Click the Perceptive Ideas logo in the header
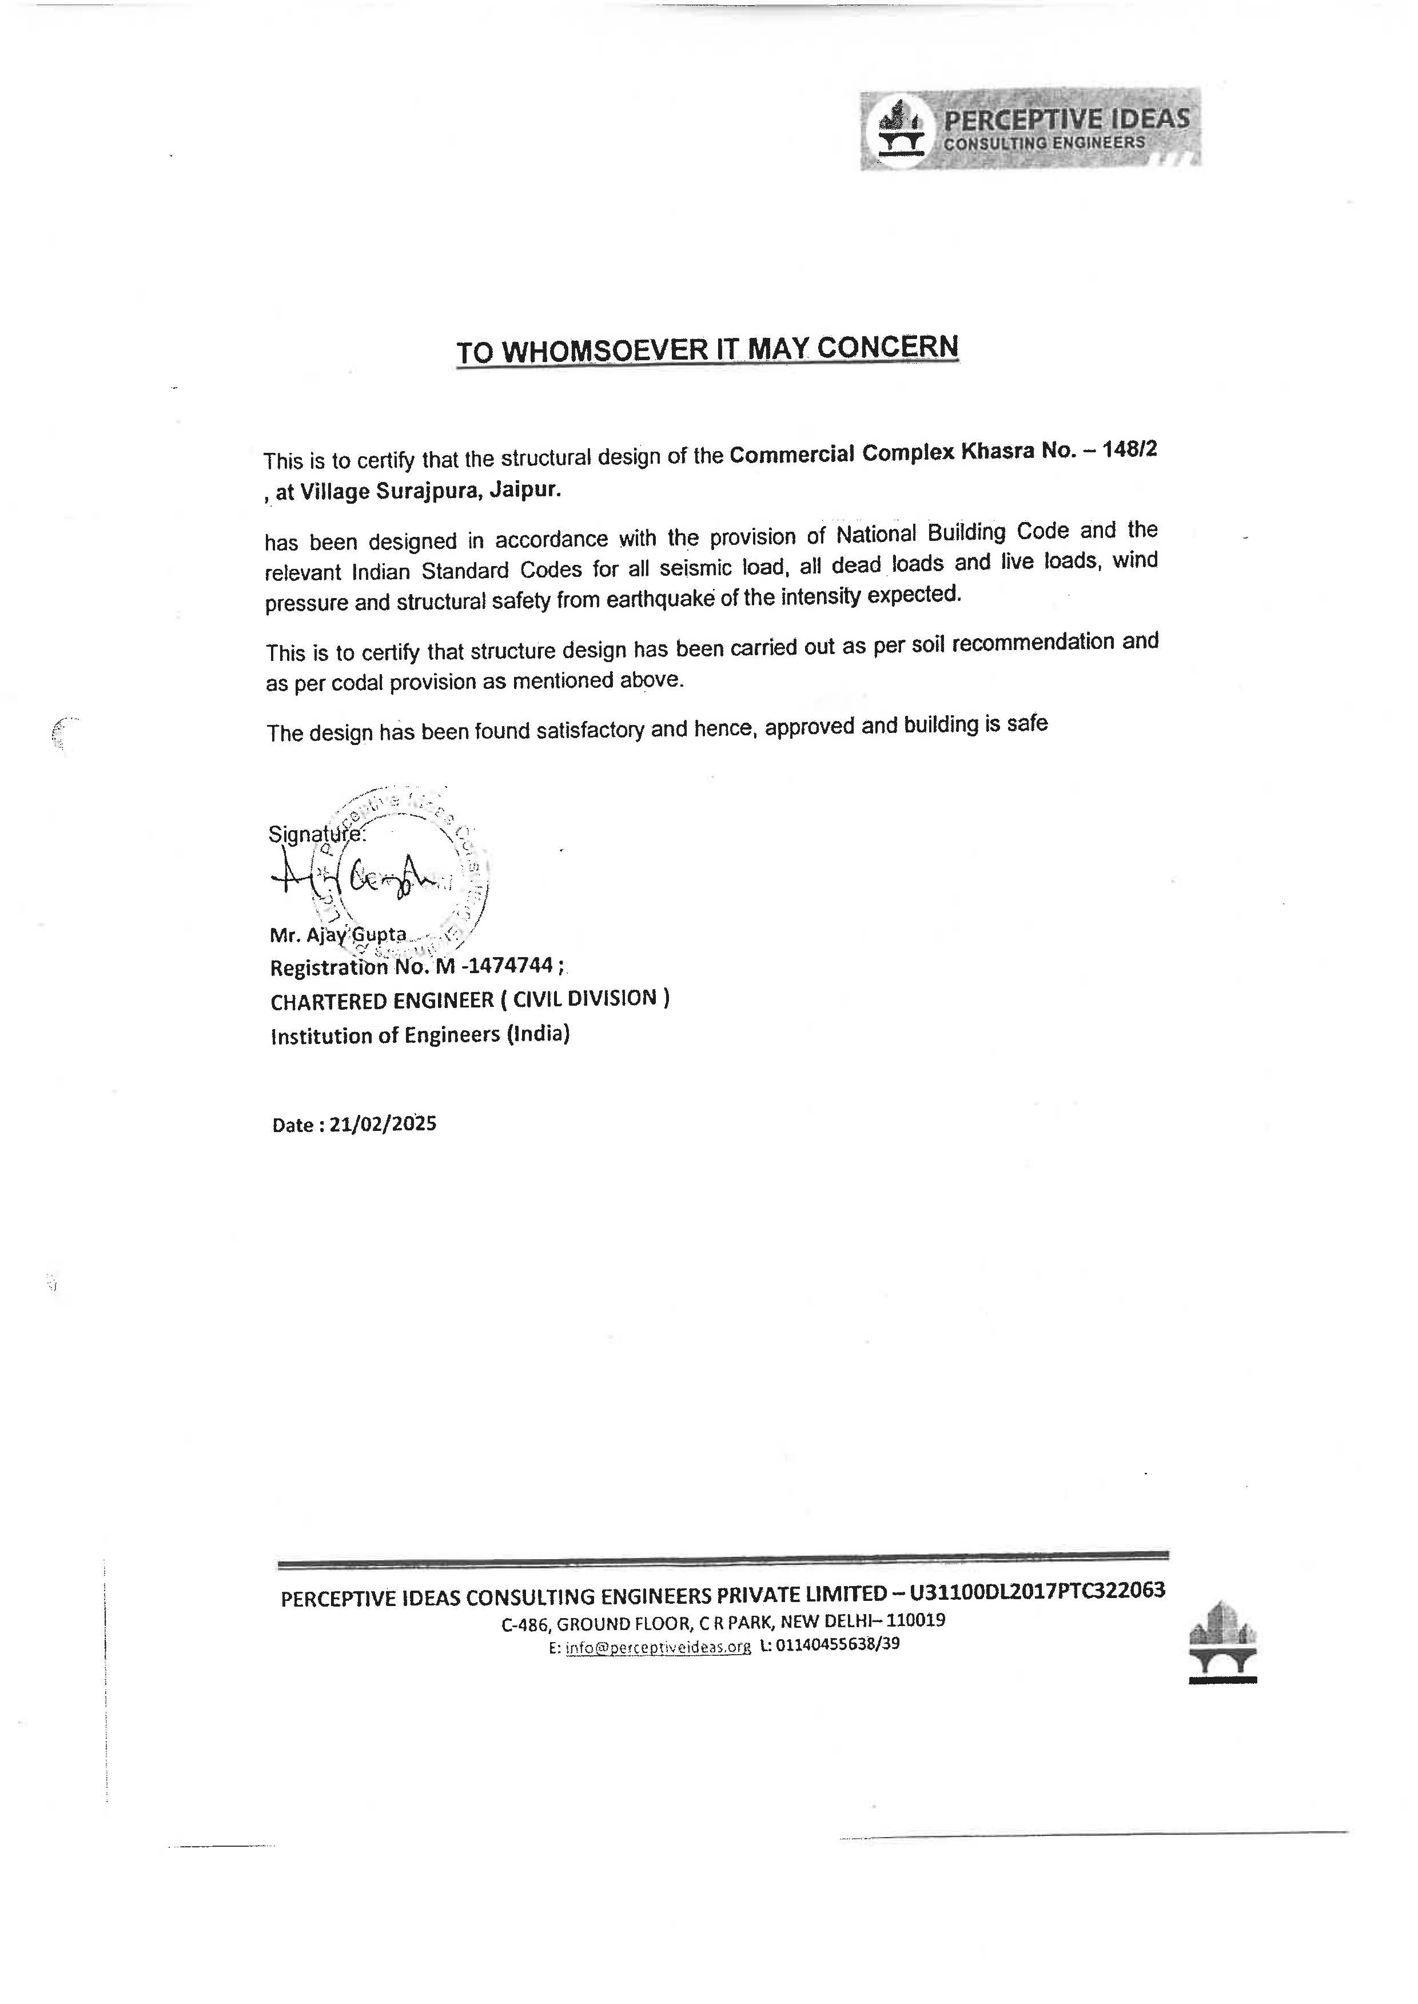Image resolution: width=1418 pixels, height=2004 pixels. click(1030, 129)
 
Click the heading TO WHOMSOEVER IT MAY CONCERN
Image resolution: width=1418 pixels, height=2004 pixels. click(707, 349)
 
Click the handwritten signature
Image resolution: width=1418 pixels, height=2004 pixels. click(358, 875)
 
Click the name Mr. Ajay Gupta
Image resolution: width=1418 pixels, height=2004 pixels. click(338, 934)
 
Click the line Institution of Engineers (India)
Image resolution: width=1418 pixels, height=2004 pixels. click(420, 1035)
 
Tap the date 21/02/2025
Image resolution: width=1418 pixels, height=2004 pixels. click(383, 1124)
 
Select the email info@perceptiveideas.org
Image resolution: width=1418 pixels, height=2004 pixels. click(658, 1648)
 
